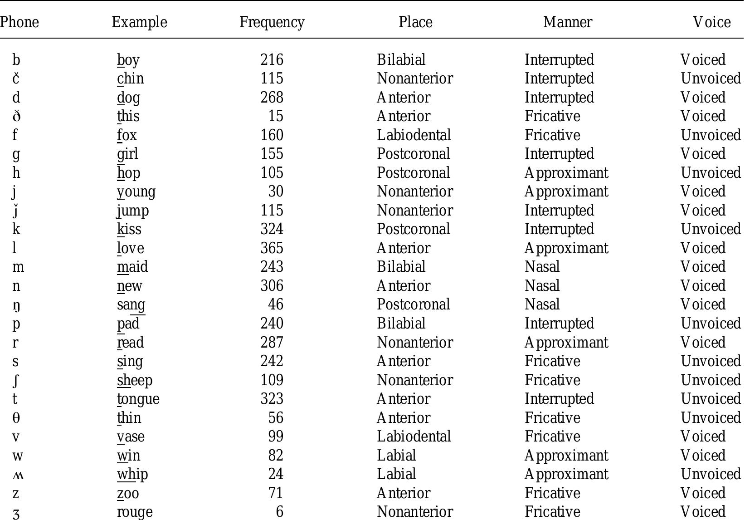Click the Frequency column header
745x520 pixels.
[x=272, y=22]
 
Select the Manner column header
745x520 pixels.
[x=567, y=22]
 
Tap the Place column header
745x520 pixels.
[x=415, y=22]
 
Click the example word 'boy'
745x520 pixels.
[x=128, y=60]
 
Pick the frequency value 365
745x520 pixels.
[x=272, y=248]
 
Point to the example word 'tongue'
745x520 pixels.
[x=138, y=399]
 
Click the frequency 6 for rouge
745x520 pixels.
[x=279, y=512]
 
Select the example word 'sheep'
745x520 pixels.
[x=135, y=380]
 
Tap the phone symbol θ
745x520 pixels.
[x=16, y=418]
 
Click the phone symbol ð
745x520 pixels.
[x=16, y=117]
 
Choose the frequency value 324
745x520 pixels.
[x=272, y=229]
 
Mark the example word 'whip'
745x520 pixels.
[x=132, y=474]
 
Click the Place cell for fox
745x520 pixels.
[x=414, y=135]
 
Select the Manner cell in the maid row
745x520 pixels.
[x=542, y=267]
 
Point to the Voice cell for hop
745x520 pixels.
[x=711, y=173]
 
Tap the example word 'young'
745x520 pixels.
[x=136, y=192]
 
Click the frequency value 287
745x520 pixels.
[x=272, y=343]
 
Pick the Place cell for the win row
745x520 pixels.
[x=396, y=456]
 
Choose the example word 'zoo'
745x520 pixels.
[x=128, y=493]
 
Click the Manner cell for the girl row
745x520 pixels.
[x=559, y=154]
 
